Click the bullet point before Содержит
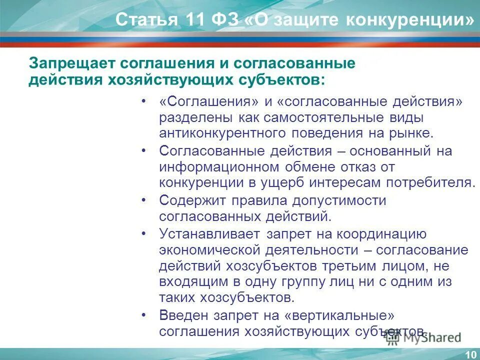coord(144,200)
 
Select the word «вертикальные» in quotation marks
coord(340,315)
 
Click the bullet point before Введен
coord(144,315)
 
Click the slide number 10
coord(470,354)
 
